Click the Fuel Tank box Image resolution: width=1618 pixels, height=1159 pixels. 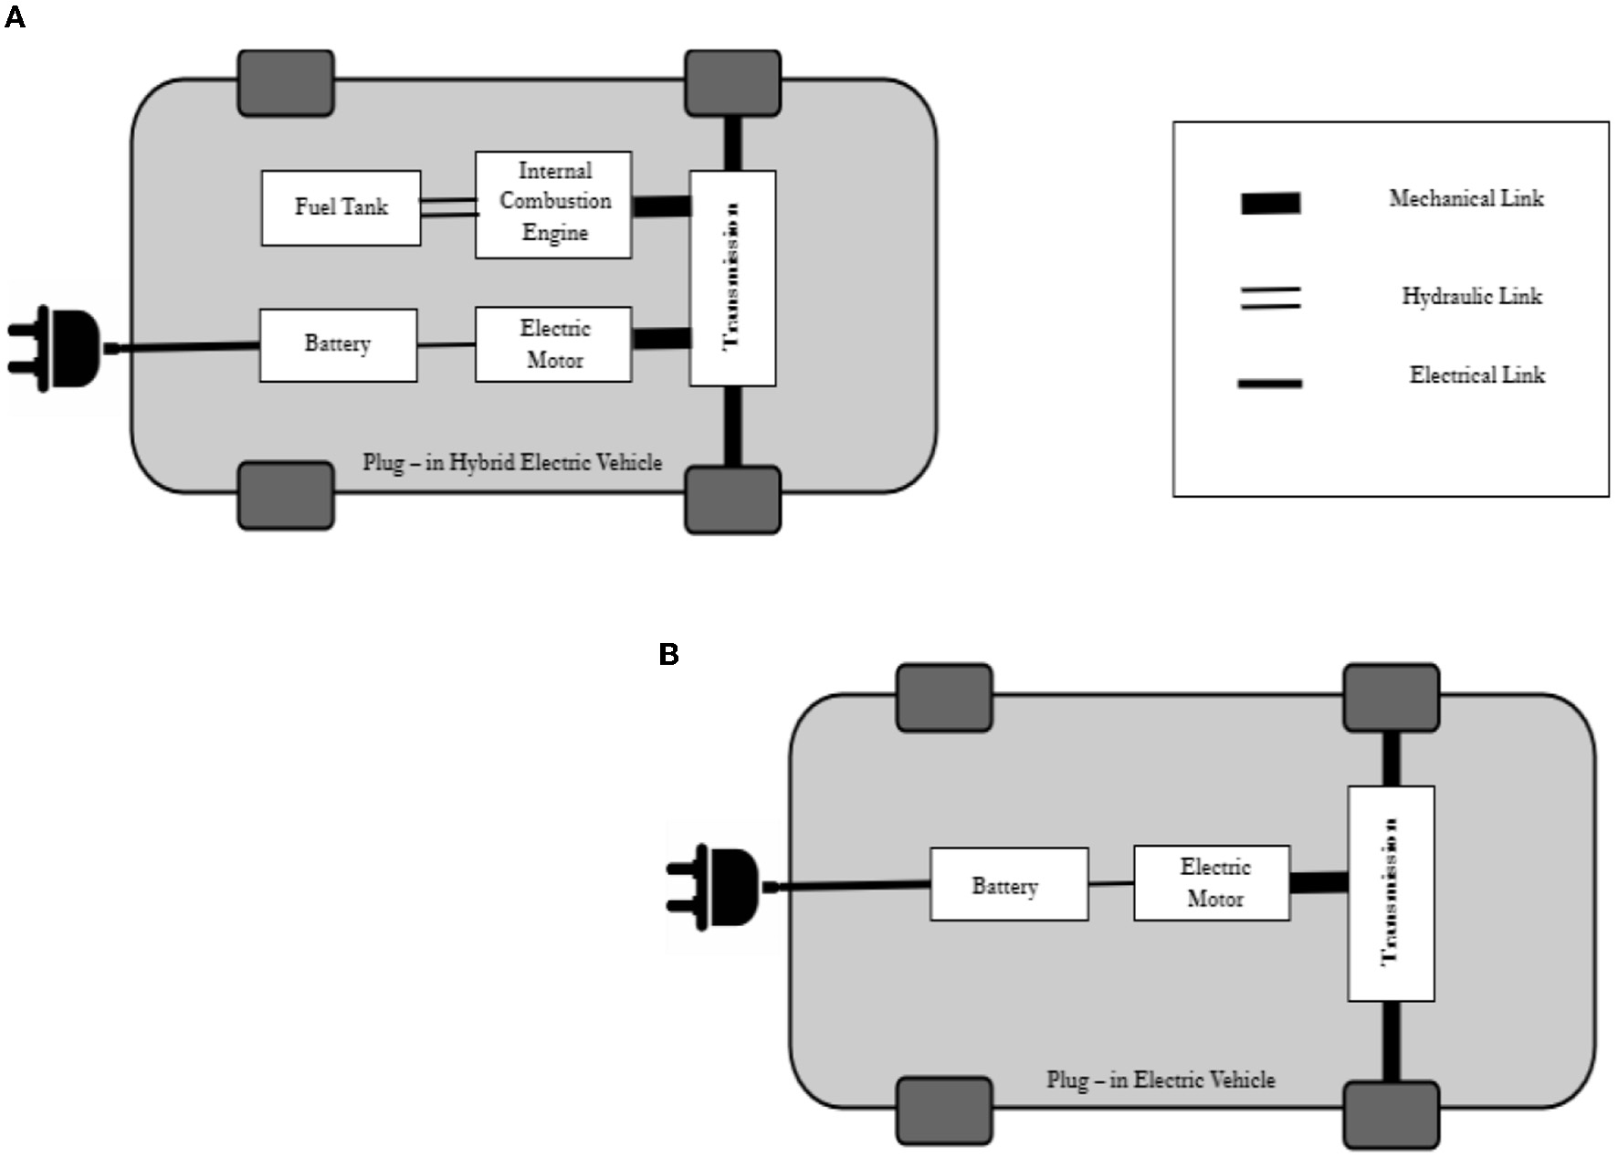[341, 207]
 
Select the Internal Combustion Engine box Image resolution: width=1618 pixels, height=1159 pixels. [553, 205]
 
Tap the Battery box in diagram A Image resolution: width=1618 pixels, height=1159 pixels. [338, 344]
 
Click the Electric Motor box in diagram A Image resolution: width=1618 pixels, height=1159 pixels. [553, 344]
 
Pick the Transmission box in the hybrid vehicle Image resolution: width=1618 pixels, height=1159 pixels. [732, 278]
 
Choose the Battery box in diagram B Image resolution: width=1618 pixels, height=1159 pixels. [1009, 884]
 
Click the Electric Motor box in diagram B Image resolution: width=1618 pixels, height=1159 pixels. [1212, 882]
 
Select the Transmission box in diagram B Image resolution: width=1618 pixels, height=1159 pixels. [1391, 893]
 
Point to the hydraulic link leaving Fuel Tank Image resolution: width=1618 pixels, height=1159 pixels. [448, 207]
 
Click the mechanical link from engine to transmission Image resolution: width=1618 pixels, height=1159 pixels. [661, 206]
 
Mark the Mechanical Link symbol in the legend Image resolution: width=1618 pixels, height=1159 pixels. [1270, 203]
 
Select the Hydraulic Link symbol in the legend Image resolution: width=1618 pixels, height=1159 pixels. [1270, 298]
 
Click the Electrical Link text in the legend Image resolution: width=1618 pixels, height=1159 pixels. [1476, 375]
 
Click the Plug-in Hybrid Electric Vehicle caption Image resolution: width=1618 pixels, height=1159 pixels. [512, 462]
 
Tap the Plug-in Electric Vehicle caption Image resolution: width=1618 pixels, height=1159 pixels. [1161, 1080]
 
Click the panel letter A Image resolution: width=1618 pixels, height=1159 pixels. [15, 17]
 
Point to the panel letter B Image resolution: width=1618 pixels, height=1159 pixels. [668, 655]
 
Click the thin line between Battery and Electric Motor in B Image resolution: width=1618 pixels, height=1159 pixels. [1111, 883]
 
